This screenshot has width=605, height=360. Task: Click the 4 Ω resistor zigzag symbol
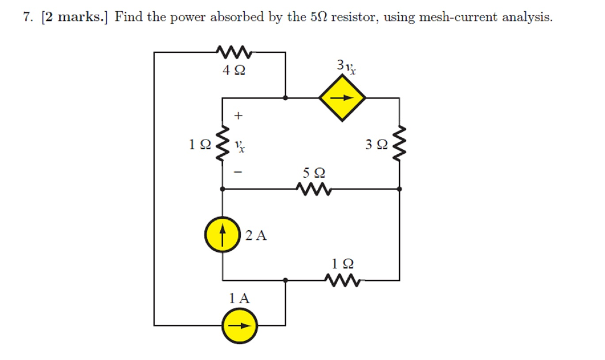[235, 53]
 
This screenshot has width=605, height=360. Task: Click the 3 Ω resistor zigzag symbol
[399, 143]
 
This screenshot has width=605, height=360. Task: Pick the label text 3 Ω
[377, 144]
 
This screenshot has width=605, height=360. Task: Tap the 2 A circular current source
[222, 235]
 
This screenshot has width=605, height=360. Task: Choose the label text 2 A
[256, 236]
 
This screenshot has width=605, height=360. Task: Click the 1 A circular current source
[240, 325]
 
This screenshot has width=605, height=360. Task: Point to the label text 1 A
[240, 299]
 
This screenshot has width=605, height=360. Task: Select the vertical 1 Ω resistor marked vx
[222, 143]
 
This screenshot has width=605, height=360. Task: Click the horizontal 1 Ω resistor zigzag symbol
[343, 280]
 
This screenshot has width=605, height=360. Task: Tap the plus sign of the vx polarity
[238, 115]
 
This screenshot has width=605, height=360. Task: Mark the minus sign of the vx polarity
[238, 173]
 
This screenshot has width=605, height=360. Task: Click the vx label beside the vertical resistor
[239, 145]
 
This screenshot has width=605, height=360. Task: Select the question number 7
[27, 17]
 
